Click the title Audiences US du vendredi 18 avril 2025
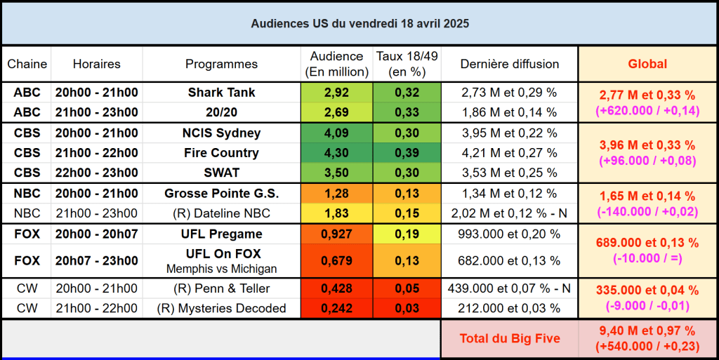[359, 23]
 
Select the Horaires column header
[96, 64]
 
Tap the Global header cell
[647, 64]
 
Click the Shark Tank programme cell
[221, 93]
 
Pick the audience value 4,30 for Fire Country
[336, 153]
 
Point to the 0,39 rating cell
[407, 153]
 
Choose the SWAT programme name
[221, 173]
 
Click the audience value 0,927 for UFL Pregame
[336, 234]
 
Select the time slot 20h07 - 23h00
[96, 260]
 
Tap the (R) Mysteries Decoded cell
[221, 308]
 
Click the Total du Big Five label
[509, 339]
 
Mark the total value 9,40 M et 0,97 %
[647, 331]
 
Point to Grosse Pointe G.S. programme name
[221, 194]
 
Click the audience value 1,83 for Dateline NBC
[336, 213]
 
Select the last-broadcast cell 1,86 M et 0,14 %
[509, 112]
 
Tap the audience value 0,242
[336, 308]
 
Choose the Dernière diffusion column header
[509, 64]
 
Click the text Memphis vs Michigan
[221, 269]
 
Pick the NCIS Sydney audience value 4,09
[336, 133]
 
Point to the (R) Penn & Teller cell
[221, 288]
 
